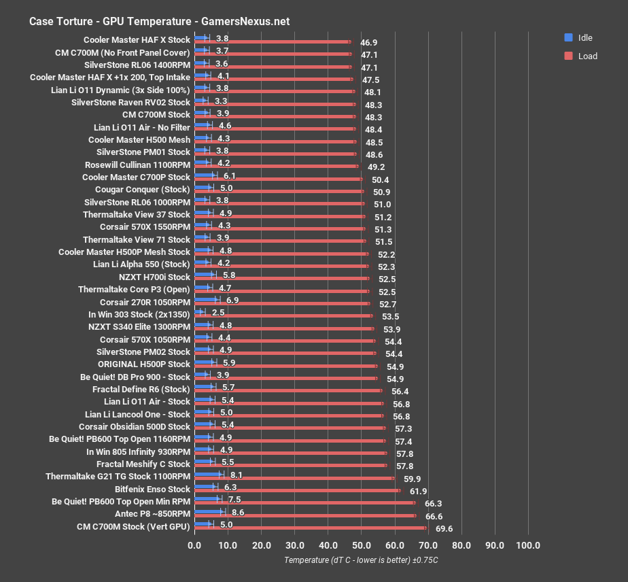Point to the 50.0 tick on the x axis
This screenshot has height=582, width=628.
pyautogui.click(x=361, y=545)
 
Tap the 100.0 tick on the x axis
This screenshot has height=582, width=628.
pyautogui.click(x=528, y=545)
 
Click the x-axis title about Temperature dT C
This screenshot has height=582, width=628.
pyautogui.click(x=362, y=560)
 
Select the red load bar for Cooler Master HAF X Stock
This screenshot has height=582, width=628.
pyautogui.click(x=272, y=41)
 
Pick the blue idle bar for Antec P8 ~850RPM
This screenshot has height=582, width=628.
pyautogui.click(x=209, y=511)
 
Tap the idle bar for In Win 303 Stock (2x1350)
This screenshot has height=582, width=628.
pyautogui.click(x=198, y=312)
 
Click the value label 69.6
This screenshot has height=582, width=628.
pyautogui.click(x=444, y=529)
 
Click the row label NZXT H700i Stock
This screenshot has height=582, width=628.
pyautogui.click(x=154, y=277)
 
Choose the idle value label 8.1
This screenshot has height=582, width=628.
pyautogui.click(x=237, y=476)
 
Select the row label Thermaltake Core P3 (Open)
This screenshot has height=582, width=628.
pyautogui.click(x=134, y=289)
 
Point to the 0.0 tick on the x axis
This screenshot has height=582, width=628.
pyautogui.click(x=194, y=545)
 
